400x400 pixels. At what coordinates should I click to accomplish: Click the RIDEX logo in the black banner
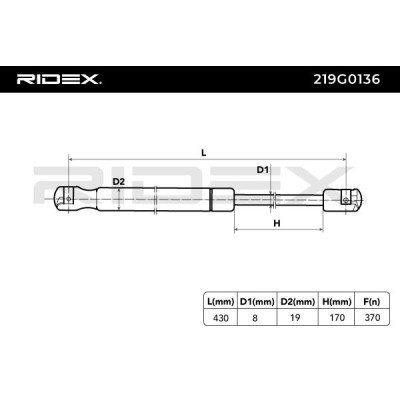[59, 80]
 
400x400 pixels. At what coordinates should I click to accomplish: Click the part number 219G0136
[347, 79]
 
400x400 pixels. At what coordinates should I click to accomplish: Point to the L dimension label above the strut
[204, 153]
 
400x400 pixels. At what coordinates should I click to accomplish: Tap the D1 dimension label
[262, 170]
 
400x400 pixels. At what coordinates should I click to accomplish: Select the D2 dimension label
[118, 182]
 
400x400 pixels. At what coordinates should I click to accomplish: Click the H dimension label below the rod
[277, 224]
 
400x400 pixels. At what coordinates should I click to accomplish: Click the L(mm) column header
[220, 302]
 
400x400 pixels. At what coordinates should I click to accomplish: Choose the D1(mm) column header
[257, 302]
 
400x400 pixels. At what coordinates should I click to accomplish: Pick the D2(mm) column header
[298, 302]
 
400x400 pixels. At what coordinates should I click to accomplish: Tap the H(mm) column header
[337, 302]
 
